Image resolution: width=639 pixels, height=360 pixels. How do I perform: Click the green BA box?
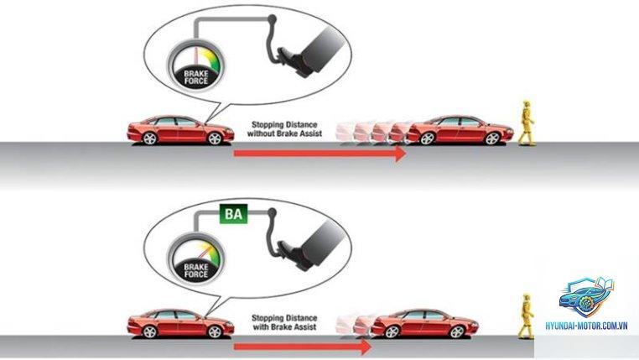(x=233, y=213)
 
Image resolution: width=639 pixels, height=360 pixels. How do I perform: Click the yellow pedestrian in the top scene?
(x=526, y=123)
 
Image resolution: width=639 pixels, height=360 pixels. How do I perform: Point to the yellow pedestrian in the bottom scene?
(x=526, y=316)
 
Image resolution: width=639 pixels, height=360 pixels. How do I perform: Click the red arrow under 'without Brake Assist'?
(x=320, y=154)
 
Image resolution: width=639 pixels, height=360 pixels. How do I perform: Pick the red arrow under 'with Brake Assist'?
(x=303, y=347)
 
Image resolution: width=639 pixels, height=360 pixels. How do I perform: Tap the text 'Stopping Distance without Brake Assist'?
(x=284, y=129)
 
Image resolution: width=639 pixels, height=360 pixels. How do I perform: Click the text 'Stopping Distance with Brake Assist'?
(x=284, y=322)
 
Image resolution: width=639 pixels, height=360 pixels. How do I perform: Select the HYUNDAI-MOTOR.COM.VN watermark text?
(x=586, y=326)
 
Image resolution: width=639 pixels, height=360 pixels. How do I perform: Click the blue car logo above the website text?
(x=587, y=297)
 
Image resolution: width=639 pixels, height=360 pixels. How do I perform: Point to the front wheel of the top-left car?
(x=215, y=138)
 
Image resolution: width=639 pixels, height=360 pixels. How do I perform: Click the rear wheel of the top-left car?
(x=149, y=138)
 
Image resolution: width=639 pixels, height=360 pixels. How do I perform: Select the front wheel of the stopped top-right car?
(x=493, y=138)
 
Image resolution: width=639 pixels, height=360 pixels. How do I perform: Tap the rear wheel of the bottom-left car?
(x=149, y=331)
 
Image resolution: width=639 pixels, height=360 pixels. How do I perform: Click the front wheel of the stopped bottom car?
(x=458, y=331)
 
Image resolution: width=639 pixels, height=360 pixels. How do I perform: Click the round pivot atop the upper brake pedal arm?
(x=272, y=18)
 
